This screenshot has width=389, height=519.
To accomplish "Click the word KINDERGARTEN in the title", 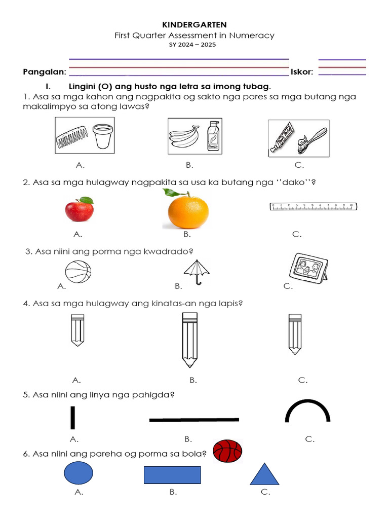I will coord(194,24).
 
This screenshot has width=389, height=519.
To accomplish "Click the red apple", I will coord(79,209).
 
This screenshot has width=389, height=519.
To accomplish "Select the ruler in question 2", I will coord(313,206).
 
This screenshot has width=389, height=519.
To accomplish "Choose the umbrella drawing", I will coord(197,272).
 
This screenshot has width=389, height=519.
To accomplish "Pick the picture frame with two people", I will coord(308,268).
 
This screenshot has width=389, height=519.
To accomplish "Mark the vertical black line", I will coord(73,418).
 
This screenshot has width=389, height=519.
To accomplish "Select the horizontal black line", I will coord(194,420).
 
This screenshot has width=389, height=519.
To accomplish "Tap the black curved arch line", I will coord(308,411).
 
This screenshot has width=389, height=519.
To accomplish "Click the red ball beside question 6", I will coord(227,451).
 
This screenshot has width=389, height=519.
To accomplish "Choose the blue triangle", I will coord(264,475).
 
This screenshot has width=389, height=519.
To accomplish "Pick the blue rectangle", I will coord(172,475).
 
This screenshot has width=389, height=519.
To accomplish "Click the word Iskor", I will coord(302,72).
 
